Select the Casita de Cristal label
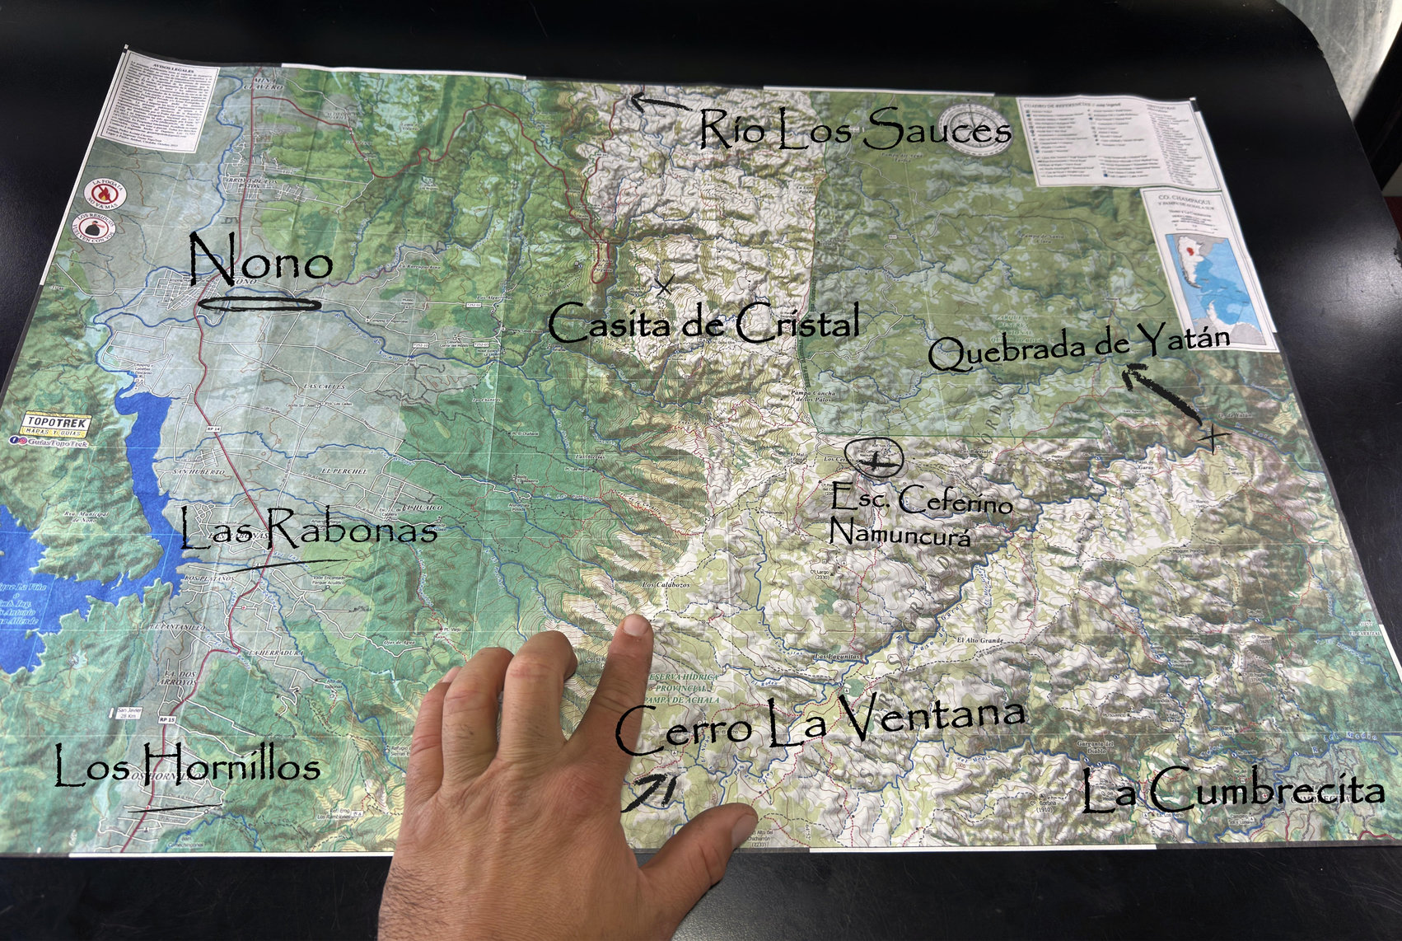pyautogui.click(x=704, y=323)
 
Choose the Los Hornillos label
pyautogui.click(x=187, y=765)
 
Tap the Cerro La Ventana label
pyautogui.click(x=820, y=725)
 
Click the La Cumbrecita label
pyautogui.click(x=1232, y=791)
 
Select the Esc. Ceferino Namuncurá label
pyautogui.click(x=918, y=516)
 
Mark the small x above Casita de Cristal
pyautogui.click(x=663, y=286)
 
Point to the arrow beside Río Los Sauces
pyautogui.click(x=659, y=103)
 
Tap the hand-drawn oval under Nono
pyautogui.click(x=260, y=305)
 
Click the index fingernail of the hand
pyautogui.click(x=635, y=626)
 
